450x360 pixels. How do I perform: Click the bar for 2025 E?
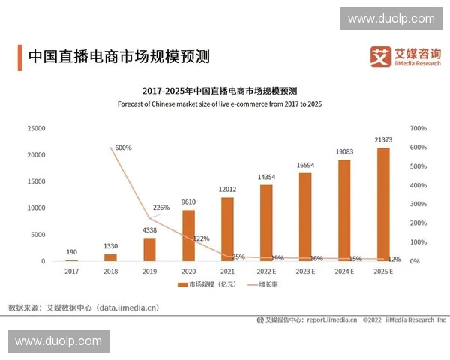coord(383,204)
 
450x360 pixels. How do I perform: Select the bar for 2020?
coord(188,235)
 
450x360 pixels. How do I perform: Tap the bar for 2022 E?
coord(266,223)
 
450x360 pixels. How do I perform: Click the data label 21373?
coord(383,139)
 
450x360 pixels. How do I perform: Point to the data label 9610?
coord(188,202)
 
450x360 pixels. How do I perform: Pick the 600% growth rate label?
coord(123,148)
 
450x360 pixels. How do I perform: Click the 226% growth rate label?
coord(161,208)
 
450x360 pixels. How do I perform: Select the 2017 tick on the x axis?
coord(71,271)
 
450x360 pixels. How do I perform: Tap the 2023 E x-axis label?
coord(305,271)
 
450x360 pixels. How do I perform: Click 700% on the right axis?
coord(418,129)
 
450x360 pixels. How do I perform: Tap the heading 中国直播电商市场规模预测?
coord(118,56)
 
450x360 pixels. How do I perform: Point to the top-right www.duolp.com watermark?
coord(391,19)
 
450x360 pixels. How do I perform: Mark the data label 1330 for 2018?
coord(110,246)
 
